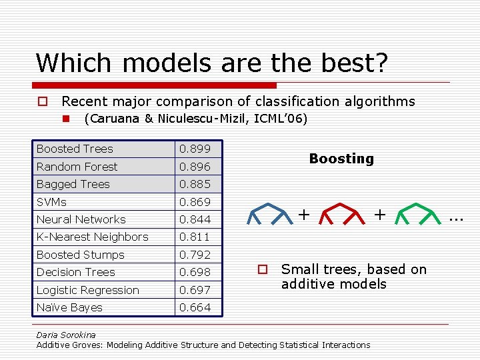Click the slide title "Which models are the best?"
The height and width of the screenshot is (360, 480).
pos(212,63)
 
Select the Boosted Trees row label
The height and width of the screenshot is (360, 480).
pos(75,149)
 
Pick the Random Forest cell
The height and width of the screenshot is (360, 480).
pos(77,167)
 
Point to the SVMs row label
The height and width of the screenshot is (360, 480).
pos(51,202)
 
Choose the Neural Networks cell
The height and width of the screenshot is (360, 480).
pos(81,219)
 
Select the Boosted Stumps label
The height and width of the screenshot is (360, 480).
pos(80,255)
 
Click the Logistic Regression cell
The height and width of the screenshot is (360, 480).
pos(87,290)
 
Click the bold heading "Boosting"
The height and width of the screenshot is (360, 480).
pos(341,159)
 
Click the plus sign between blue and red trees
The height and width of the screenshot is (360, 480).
pos(304,214)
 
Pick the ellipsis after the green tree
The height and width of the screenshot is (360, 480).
pos(456,217)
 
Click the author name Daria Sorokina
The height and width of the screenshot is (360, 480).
pos(66,335)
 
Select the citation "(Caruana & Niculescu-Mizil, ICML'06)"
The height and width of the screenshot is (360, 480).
pos(195,119)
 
